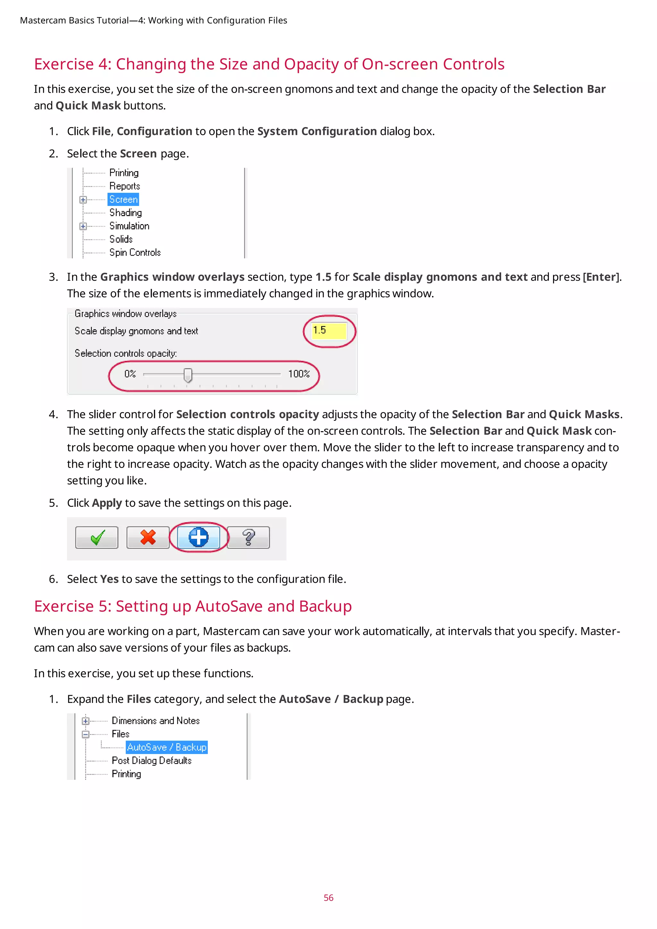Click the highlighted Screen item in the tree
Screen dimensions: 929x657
point(124,200)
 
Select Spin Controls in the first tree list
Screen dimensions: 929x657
point(135,252)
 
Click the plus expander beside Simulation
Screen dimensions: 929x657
point(83,226)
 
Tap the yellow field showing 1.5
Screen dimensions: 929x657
point(329,331)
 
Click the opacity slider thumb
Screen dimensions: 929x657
point(188,375)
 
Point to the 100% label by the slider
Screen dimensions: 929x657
point(299,374)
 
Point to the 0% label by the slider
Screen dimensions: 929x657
point(130,374)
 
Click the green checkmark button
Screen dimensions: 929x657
point(97,538)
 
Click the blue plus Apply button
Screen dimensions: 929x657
point(199,538)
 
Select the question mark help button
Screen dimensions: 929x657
point(248,538)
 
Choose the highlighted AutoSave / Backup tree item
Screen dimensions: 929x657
point(167,747)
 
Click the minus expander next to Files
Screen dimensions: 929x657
point(85,734)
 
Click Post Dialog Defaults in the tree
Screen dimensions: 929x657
point(151,761)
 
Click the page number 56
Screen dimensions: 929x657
point(328,898)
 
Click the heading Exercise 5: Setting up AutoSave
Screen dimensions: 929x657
point(192,606)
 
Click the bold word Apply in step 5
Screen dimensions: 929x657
point(107,503)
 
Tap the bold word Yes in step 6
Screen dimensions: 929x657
point(109,579)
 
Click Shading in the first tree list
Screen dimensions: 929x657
point(125,213)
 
